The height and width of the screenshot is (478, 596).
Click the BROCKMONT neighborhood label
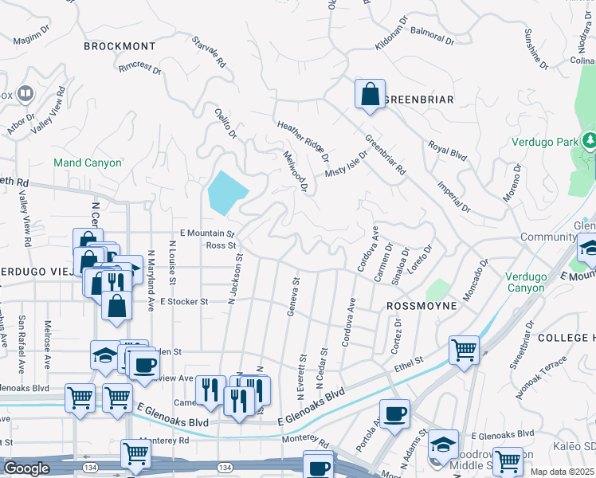pyautogui.click(x=120, y=46)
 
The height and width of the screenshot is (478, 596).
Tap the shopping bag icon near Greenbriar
pyautogui.click(x=370, y=94)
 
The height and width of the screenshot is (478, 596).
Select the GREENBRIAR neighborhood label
pyautogui.click(x=418, y=100)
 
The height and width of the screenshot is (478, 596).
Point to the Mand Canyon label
pyautogui.click(x=88, y=163)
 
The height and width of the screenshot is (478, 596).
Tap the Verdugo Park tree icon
pyautogui.click(x=590, y=141)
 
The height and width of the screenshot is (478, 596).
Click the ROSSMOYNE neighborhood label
pyautogui.click(x=422, y=306)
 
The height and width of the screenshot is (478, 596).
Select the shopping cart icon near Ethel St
pyautogui.click(x=464, y=349)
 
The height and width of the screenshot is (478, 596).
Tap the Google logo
pyautogui.click(x=26, y=469)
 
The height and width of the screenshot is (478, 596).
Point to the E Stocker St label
pyautogui.click(x=184, y=302)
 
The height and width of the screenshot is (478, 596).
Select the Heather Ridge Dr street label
pyautogui.click(x=303, y=139)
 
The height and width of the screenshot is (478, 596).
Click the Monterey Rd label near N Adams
pyautogui.click(x=306, y=439)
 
